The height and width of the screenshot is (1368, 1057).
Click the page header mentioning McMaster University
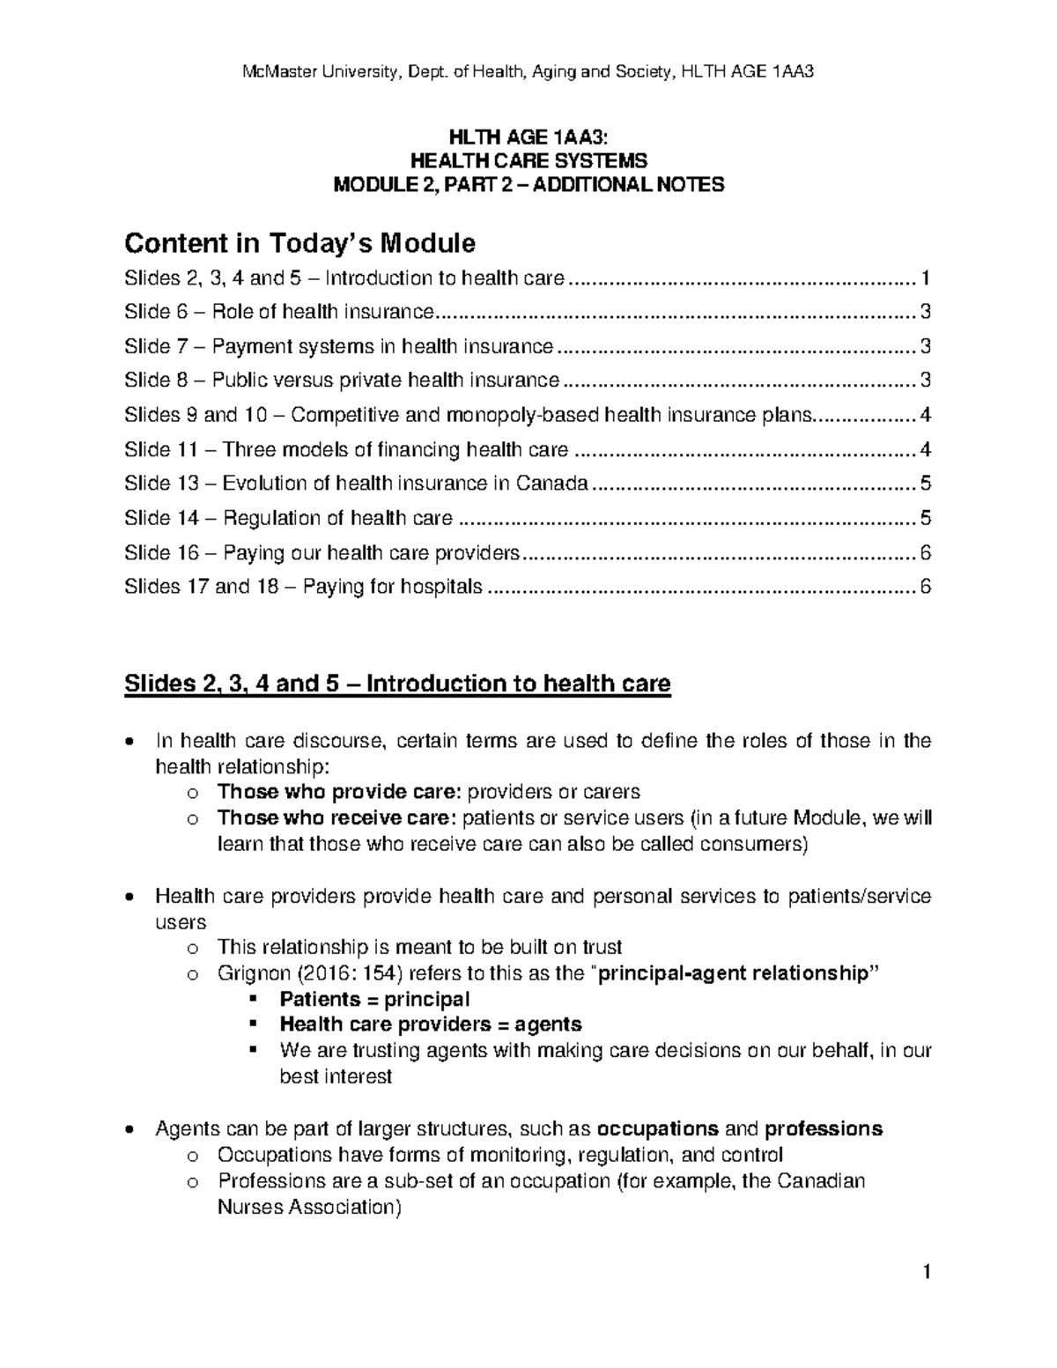tap(528, 71)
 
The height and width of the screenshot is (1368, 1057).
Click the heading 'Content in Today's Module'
tap(299, 242)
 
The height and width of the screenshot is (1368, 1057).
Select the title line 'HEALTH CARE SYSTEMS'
tap(528, 160)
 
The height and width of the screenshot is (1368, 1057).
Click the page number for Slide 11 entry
tap(925, 449)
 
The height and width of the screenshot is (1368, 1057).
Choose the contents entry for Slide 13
tap(356, 484)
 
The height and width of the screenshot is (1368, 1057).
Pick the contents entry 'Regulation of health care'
tap(289, 518)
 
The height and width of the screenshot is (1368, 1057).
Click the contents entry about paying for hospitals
tap(304, 587)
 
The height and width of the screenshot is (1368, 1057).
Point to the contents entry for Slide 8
tap(342, 381)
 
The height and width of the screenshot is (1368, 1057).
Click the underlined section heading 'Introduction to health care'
tap(397, 684)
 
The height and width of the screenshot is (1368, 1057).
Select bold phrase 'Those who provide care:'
tap(338, 792)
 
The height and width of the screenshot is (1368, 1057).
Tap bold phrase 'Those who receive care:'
tap(337, 817)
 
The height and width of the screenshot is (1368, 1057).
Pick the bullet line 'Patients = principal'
tap(374, 999)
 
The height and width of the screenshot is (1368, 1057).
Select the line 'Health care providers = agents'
tap(430, 1024)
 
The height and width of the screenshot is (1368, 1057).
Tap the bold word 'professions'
tap(824, 1128)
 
